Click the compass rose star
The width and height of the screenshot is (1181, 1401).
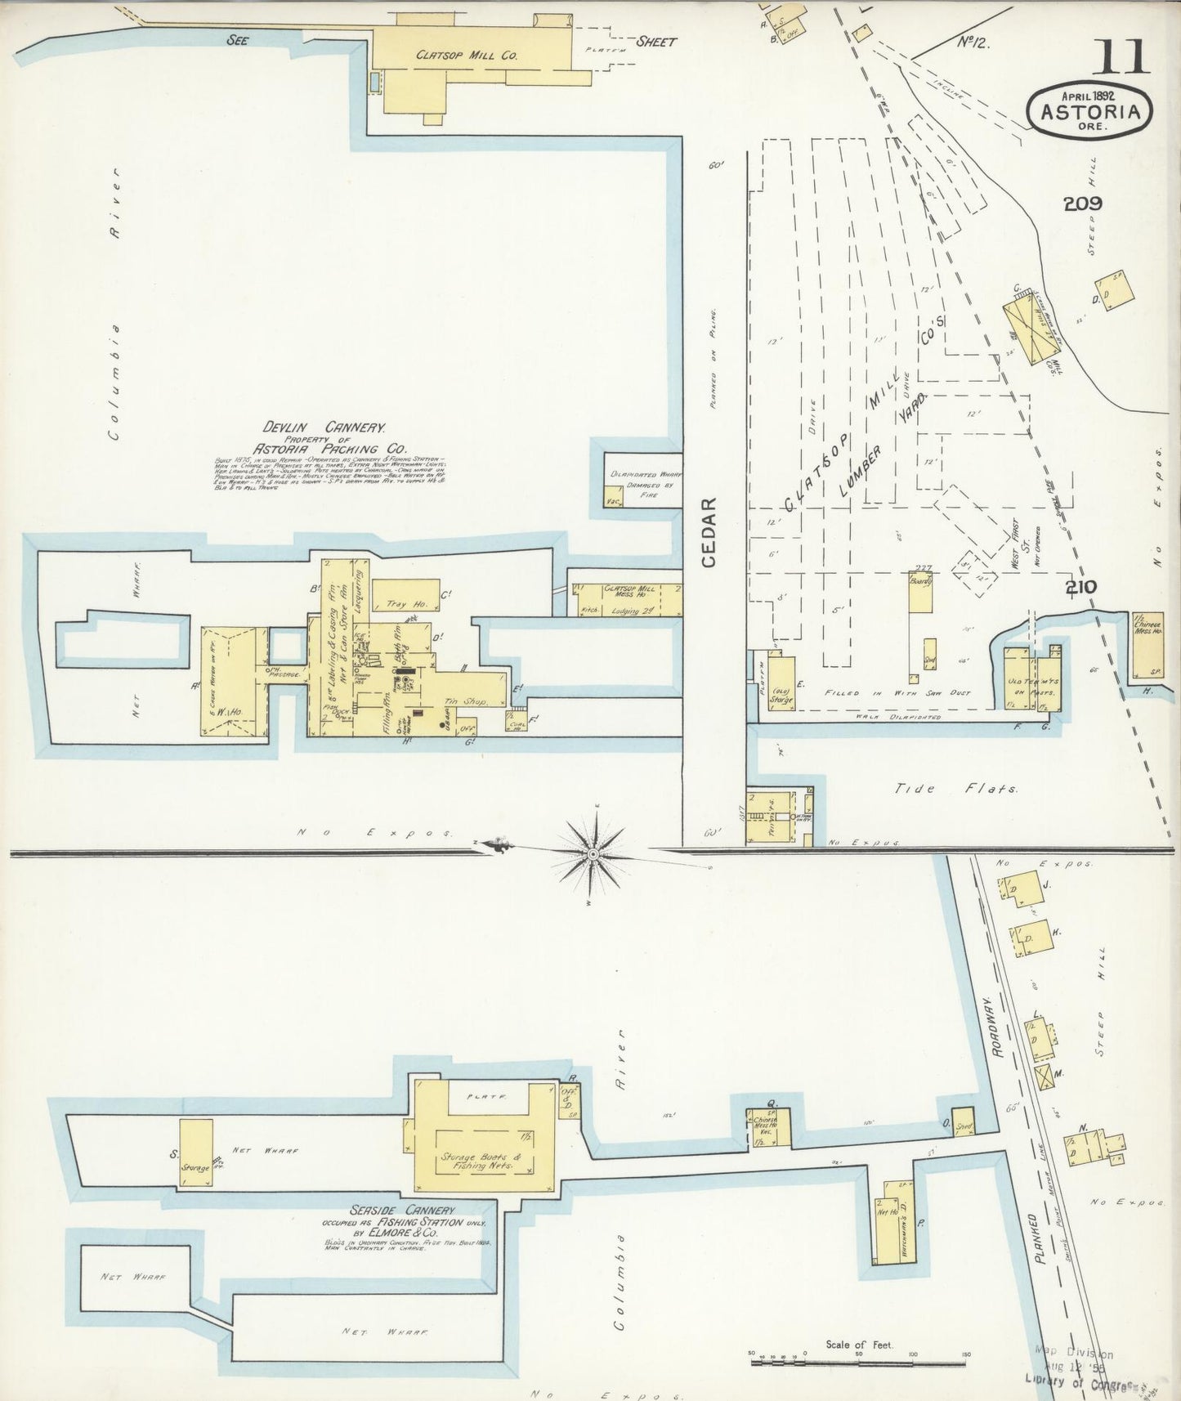point(592,853)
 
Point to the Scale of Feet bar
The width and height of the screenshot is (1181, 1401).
point(858,1362)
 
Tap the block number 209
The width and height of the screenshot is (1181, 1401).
point(1083,204)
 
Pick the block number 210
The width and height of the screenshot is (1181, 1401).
point(1081,586)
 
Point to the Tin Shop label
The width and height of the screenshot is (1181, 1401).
point(466,701)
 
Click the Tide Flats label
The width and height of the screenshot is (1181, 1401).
point(957,790)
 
